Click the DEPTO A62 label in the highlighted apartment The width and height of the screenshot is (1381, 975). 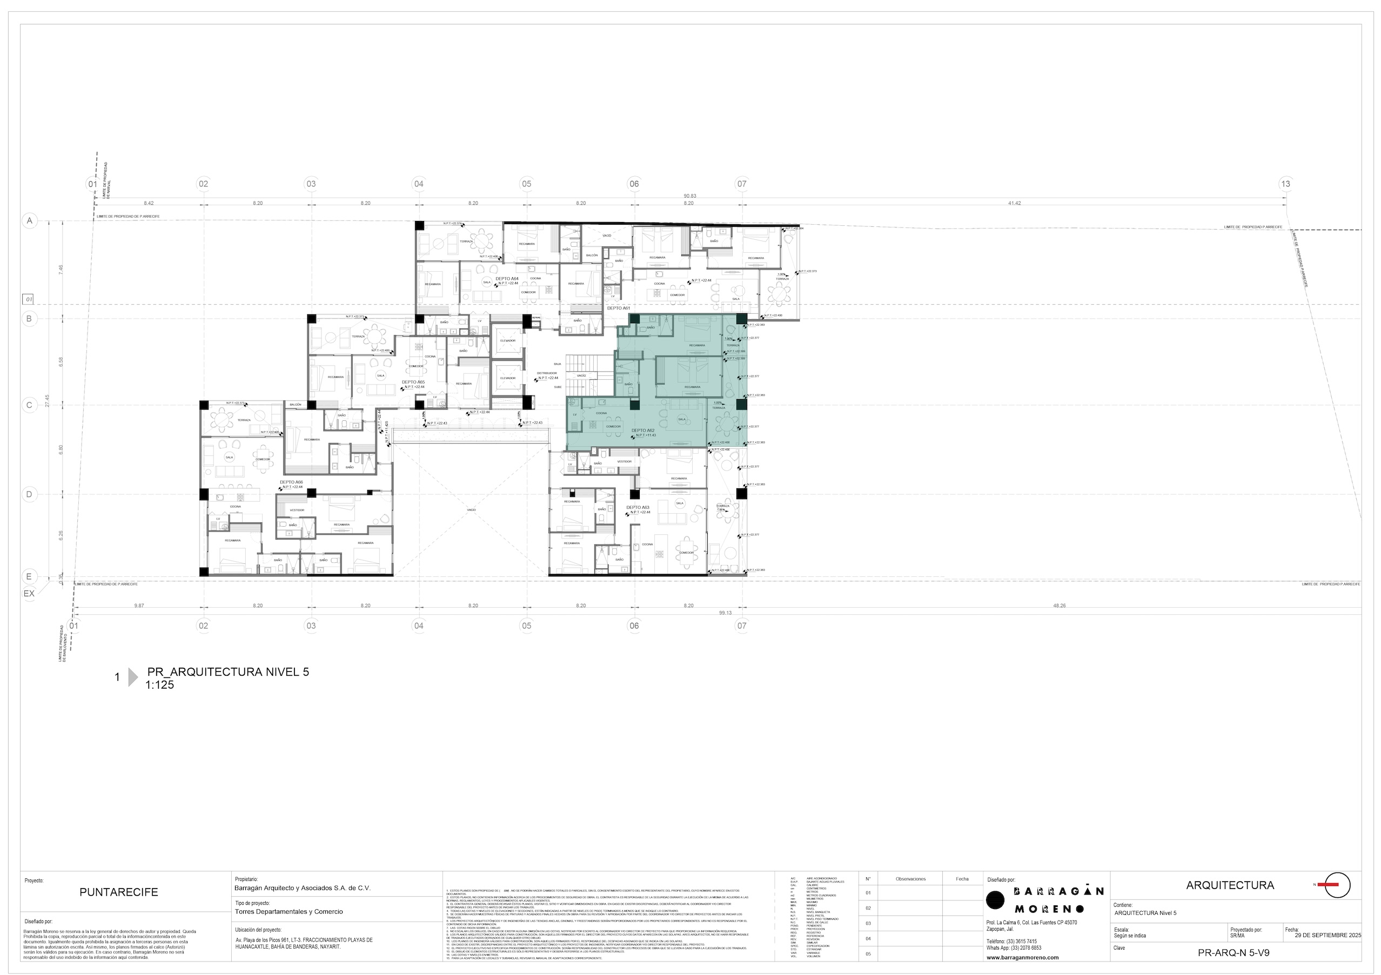(x=642, y=431)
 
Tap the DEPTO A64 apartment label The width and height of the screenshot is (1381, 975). (x=506, y=279)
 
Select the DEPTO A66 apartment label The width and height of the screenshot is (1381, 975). (x=291, y=482)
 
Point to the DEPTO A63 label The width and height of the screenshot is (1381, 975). (x=638, y=507)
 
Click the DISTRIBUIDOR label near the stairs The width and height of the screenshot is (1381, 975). (x=547, y=373)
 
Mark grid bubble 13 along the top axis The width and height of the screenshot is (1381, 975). (x=1285, y=184)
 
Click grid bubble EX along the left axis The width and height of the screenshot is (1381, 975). (x=29, y=593)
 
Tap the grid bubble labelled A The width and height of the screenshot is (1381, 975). (x=29, y=221)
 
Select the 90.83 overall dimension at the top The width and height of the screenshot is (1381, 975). (x=690, y=196)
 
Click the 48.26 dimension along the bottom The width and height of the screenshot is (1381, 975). (x=1059, y=606)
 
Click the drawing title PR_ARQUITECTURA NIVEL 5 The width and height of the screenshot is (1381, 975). (x=228, y=672)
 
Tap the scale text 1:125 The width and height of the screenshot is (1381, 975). (x=159, y=684)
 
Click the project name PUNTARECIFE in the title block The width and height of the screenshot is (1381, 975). (x=118, y=909)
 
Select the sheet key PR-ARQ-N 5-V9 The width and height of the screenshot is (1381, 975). (x=1233, y=953)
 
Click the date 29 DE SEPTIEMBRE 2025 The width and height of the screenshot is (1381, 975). (x=1328, y=936)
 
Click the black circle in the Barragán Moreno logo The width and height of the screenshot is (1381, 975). (x=995, y=900)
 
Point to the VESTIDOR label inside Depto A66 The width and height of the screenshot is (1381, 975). (x=297, y=510)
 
